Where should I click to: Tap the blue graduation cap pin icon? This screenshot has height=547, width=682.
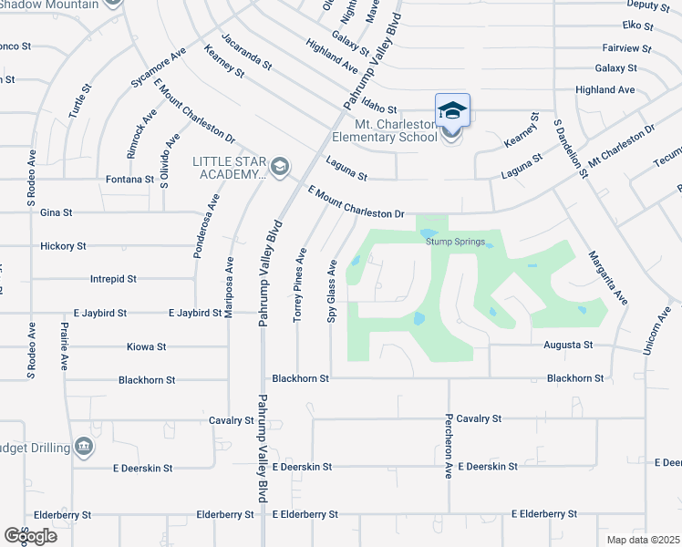(x=452, y=111)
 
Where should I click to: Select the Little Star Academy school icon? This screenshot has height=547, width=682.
(x=279, y=165)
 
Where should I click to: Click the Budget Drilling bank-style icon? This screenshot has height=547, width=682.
(x=84, y=445)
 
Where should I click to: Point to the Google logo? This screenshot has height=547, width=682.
(x=30, y=536)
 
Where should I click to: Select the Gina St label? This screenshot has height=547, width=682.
(x=57, y=212)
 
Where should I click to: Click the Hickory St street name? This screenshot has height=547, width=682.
(x=63, y=246)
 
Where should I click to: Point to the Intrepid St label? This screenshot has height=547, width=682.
(x=113, y=279)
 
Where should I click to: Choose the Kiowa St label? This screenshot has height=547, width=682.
(x=148, y=347)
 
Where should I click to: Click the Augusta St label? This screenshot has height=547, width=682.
(x=569, y=346)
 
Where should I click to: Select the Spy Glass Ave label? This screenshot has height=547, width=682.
(x=333, y=291)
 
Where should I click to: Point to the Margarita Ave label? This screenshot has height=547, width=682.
(x=608, y=277)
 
